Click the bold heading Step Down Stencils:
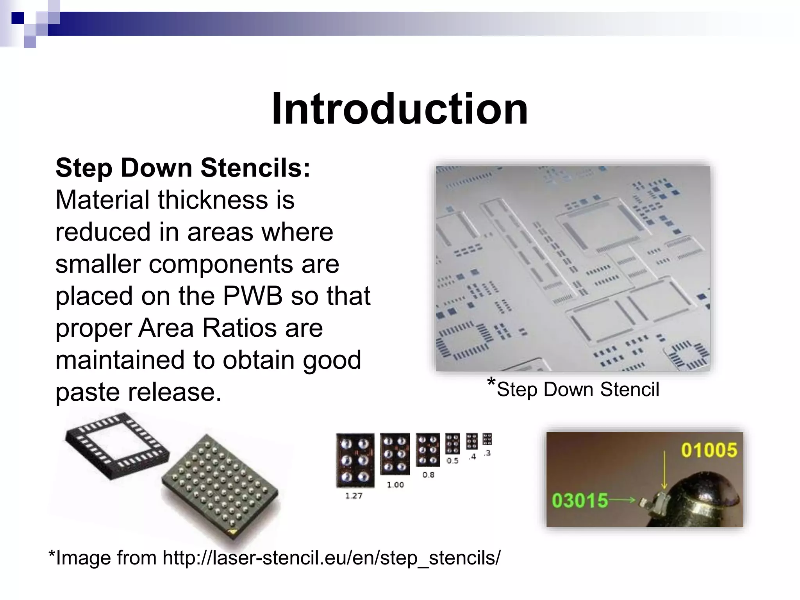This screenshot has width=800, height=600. tap(183, 168)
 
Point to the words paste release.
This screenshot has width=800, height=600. tap(138, 392)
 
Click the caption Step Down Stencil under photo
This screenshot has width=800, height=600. tap(577, 389)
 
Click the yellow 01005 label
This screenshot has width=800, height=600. tap(709, 450)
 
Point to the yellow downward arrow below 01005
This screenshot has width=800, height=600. tap(664, 471)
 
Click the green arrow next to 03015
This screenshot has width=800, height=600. tap(623, 500)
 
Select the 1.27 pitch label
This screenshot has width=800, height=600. tap(354, 496)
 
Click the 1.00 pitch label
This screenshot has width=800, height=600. tap(395, 485)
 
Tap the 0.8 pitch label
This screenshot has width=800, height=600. tap(428, 475)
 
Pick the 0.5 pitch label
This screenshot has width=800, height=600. tap(452, 461)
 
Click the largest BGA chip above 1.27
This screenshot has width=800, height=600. tap(355, 460)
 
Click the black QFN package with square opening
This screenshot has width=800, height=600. tap(117, 445)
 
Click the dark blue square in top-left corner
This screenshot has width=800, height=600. tap(18, 18)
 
